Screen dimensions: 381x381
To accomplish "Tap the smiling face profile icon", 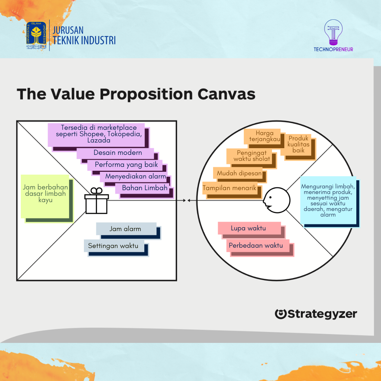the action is pos(277,200).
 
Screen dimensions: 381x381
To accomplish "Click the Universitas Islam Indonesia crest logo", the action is pos(36,36).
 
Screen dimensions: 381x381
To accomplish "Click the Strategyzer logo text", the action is pos(316,314).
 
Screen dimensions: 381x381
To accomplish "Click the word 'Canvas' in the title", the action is pos(226,94).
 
